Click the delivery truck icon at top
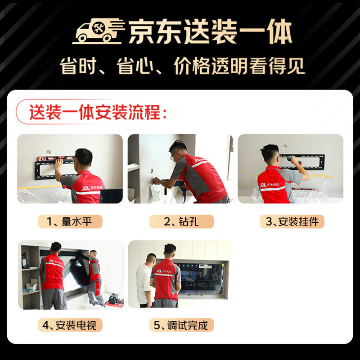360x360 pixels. (x=98, y=31)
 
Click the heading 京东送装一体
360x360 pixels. (x=210, y=32)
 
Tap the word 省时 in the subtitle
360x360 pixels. (x=76, y=67)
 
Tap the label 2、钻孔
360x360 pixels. (x=182, y=221)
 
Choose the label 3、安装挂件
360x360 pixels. (x=292, y=221)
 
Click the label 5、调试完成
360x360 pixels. (x=182, y=324)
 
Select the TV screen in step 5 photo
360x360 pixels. (x=200, y=277)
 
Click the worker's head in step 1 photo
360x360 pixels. (x=84, y=157)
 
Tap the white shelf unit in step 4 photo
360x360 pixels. (x=30, y=274)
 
